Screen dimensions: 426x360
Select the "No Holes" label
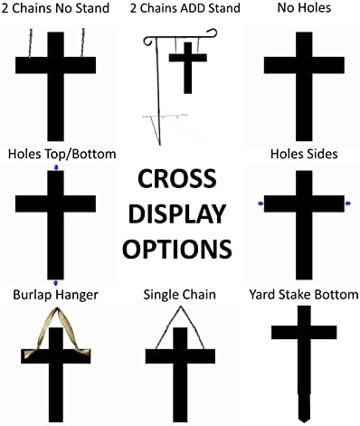click(x=304, y=10)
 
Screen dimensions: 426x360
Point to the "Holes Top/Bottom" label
click(x=59, y=154)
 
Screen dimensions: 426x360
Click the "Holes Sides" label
click(x=305, y=154)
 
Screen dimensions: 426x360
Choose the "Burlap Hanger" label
click(x=55, y=295)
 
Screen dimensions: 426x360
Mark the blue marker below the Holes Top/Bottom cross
click(x=57, y=284)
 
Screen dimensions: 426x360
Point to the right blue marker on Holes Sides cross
click(x=348, y=204)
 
